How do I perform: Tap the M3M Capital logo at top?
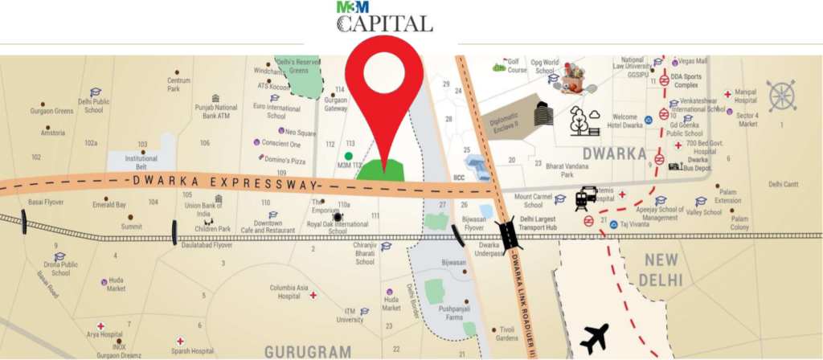[383, 19]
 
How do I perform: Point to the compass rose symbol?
[781, 95]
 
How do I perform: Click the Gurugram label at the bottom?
[308, 351]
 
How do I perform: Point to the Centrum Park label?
[178, 84]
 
